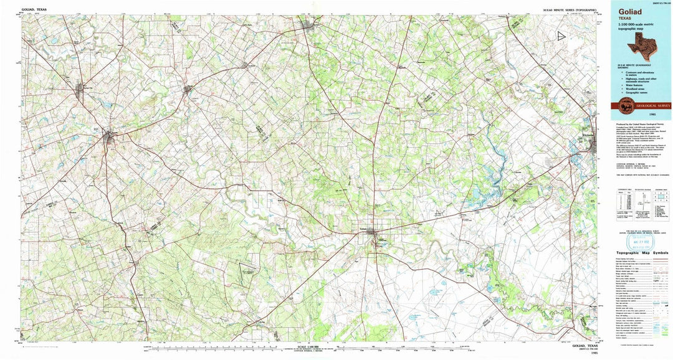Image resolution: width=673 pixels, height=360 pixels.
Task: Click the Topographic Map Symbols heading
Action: coord(641,253)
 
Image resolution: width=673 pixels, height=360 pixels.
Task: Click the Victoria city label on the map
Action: coord(588,135)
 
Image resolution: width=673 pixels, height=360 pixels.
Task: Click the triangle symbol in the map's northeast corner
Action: coord(562,38)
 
